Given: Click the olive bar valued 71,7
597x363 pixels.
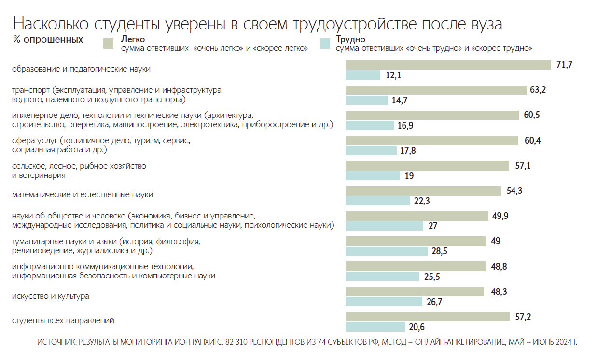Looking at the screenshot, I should coord(448,65).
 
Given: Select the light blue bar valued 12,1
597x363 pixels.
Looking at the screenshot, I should coord(363,75).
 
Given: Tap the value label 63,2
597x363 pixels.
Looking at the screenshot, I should coord(538,90).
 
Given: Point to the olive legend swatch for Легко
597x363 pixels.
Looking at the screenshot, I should coord(108,44).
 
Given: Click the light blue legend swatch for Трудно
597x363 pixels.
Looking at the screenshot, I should coord(325,44).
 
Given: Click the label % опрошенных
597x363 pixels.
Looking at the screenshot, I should coord(48,39).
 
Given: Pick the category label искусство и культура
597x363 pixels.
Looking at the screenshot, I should coord(51,296).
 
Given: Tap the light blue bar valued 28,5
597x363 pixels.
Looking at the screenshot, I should coord(386,251).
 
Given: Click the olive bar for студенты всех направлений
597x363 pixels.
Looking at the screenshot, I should coord(428,317).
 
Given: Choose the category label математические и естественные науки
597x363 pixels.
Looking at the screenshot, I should coord(83,195).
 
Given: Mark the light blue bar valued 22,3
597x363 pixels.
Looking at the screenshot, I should coord(377,201).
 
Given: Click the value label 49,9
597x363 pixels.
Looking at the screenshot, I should coord(500,216).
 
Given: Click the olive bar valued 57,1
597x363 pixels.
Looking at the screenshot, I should coord(427,166).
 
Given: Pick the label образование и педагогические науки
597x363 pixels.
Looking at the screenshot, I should coord(81,69).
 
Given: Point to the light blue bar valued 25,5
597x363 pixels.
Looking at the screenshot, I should coord(382,276).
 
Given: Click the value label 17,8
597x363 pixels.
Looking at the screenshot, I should coord(408,151).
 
